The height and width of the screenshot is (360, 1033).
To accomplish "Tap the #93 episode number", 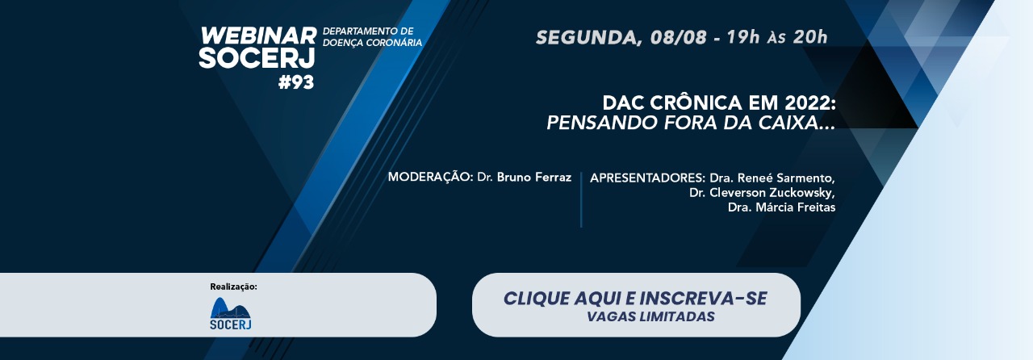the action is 296,82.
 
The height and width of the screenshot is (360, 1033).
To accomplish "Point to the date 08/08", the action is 678,37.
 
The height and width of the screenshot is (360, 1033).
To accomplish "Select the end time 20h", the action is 810,37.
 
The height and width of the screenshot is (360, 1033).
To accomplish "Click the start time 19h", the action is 743,37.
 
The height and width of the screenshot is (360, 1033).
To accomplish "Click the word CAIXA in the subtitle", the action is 784,123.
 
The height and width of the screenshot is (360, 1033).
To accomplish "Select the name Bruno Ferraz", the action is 534,178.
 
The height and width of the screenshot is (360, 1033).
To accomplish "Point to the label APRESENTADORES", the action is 647,178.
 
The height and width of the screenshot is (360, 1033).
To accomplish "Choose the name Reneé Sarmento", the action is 785,178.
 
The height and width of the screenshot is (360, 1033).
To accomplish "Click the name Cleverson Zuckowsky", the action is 772,192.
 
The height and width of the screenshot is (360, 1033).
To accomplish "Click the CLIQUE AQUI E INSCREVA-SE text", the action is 635,298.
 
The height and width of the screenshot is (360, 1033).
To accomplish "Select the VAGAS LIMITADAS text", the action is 650,316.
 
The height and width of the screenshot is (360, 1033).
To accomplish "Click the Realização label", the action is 233,287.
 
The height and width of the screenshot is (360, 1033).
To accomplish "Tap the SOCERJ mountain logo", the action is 231,313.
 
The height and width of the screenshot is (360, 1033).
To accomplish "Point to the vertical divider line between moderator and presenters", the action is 581,199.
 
